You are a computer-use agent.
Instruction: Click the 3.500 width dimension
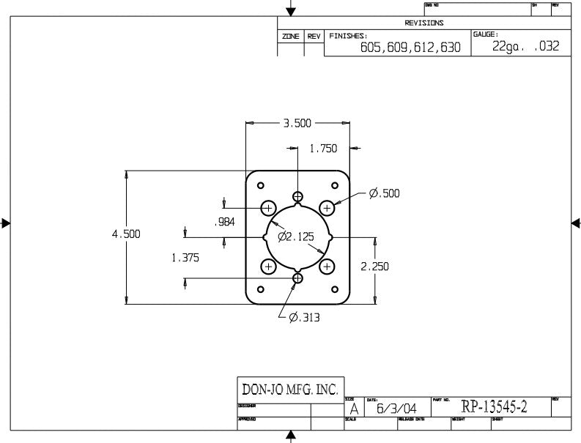(x=297, y=123)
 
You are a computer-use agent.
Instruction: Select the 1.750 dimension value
(x=323, y=148)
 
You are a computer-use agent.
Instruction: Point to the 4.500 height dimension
(x=125, y=234)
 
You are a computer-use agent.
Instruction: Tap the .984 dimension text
(x=223, y=223)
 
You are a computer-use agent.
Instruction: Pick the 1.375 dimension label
(x=185, y=258)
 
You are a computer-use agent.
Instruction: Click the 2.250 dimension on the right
(x=374, y=267)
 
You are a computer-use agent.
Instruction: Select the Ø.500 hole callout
(x=385, y=193)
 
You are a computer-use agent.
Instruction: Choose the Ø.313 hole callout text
(x=304, y=318)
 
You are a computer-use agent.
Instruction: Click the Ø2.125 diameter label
(x=296, y=237)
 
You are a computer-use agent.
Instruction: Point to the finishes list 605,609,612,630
(x=411, y=48)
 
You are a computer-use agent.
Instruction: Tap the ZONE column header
(x=291, y=36)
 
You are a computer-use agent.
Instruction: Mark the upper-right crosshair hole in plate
(x=327, y=207)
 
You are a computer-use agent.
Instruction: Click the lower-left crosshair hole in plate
(x=268, y=266)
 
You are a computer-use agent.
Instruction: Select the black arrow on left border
(x=6, y=223)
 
